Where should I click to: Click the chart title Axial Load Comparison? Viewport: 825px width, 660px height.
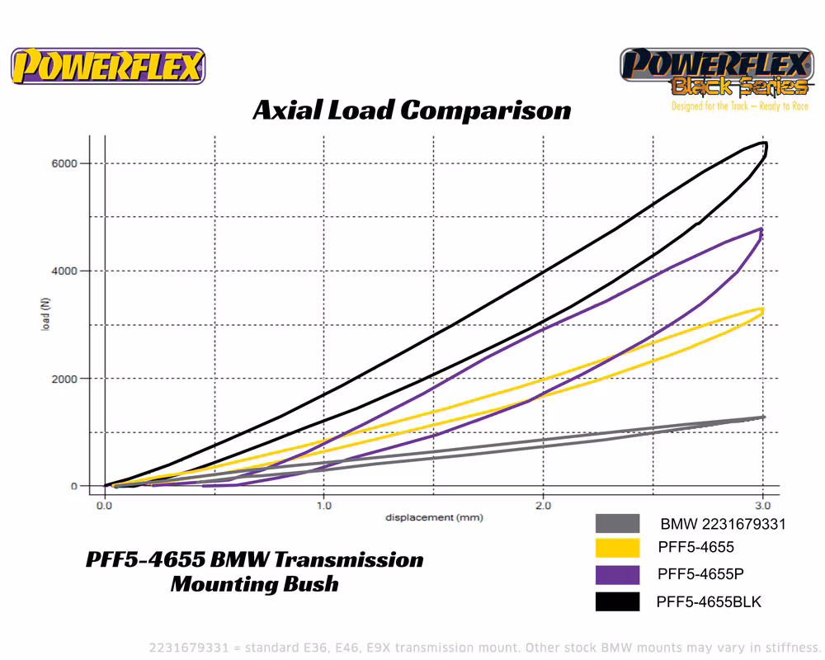click(x=412, y=110)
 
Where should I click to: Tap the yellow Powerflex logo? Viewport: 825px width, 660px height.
click(x=108, y=66)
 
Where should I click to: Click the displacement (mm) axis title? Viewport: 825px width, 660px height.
click(x=433, y=517)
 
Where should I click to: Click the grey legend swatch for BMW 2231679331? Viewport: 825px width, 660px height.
click(x=617, y=524)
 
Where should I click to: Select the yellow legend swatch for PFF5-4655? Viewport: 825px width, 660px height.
click(x=617, y=548)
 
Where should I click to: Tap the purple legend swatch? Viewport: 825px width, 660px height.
click(x=617, y=575)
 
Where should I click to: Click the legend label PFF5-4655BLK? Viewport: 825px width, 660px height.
click(x=709, y=602)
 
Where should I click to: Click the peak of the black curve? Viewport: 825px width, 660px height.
click(x=765, y=144)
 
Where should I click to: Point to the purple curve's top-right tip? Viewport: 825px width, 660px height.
click(x=761, y=229)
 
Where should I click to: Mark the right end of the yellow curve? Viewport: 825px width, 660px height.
click(x=762, y=310)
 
